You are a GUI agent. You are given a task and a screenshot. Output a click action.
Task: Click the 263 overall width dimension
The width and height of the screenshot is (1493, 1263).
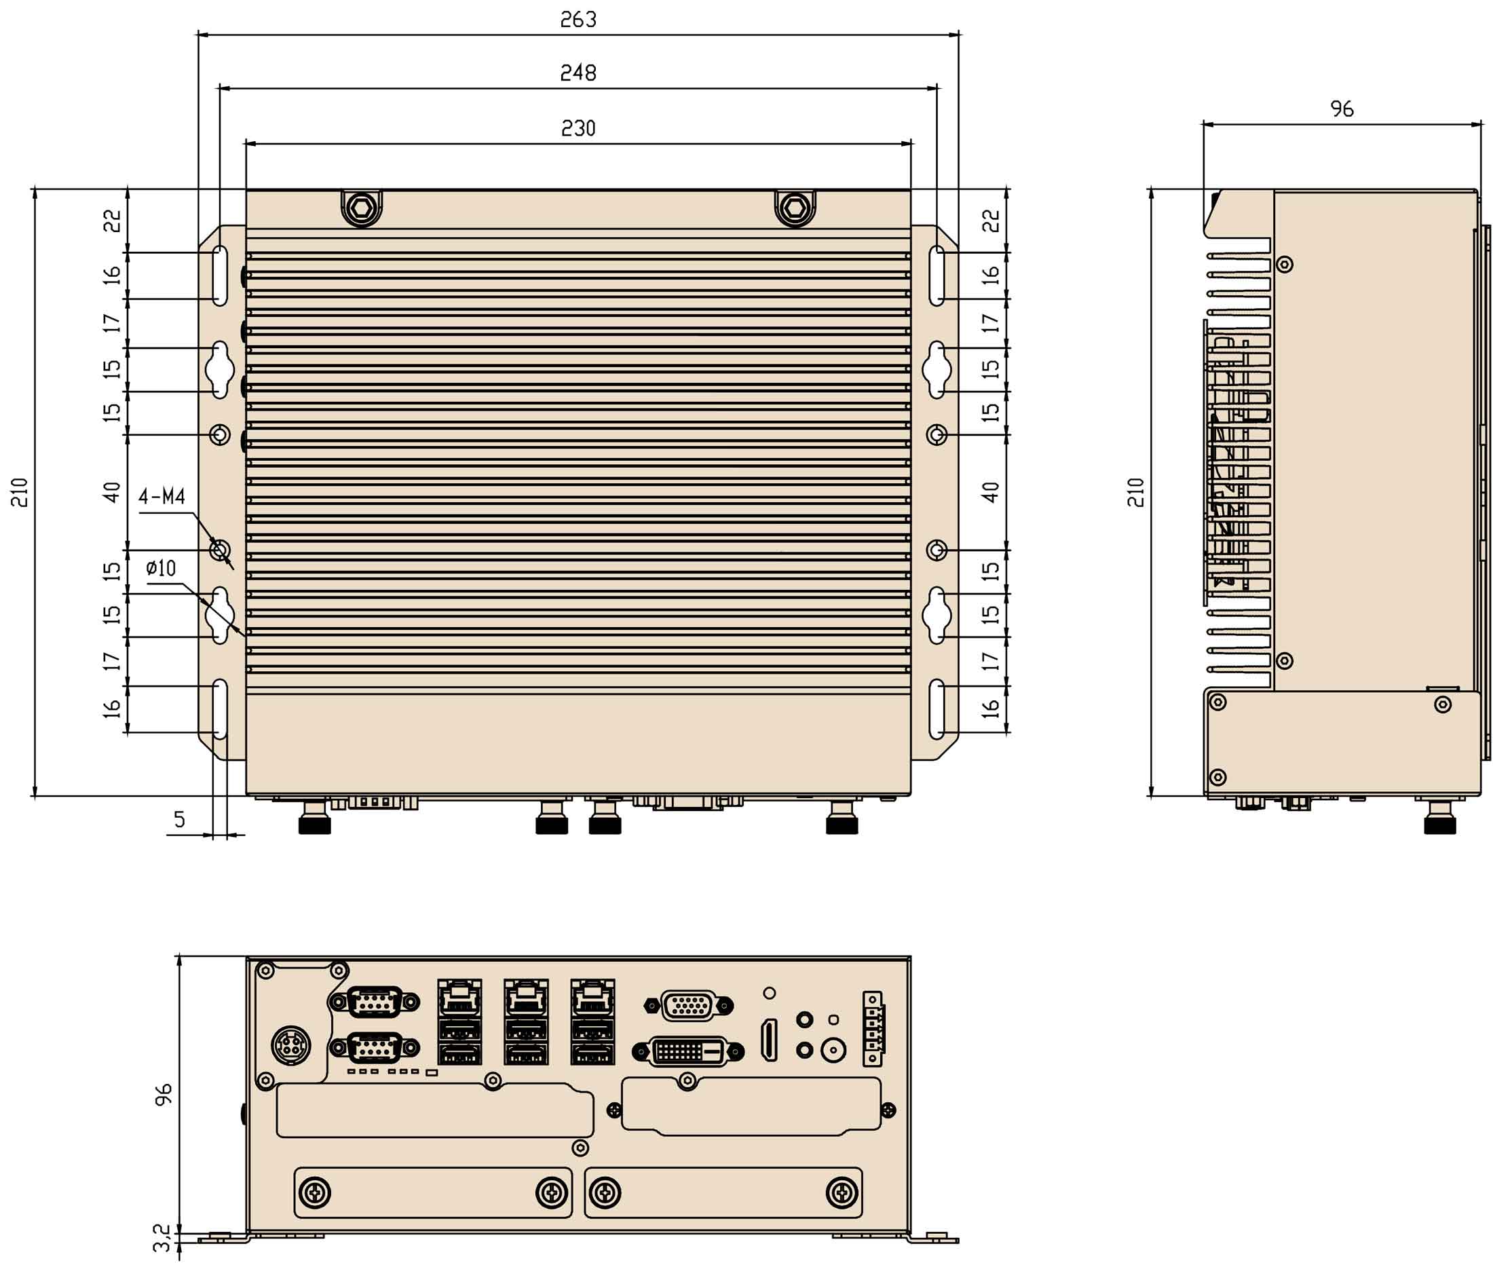(578, 19)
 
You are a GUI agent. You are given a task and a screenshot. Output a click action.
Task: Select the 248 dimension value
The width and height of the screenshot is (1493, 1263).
(578, 73)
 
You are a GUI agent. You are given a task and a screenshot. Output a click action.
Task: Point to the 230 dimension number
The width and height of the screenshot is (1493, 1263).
(578, 128)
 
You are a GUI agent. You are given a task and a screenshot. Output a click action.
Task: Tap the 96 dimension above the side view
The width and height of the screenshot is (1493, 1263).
(1342, 109)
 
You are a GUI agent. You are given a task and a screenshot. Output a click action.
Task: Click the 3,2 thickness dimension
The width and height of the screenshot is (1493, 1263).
(163, 1237)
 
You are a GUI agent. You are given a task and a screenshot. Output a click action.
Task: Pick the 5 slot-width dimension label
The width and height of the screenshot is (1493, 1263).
(179, 819)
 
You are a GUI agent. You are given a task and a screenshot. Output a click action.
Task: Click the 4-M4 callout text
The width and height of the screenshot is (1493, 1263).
(162, 496)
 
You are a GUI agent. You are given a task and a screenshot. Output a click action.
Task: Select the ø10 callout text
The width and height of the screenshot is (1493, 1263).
(160, 569)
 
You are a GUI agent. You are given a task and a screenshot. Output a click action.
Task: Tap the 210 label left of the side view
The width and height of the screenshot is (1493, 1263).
(1135, 493)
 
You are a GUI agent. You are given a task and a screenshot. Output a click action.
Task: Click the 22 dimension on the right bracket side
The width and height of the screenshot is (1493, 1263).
(989, 221)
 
